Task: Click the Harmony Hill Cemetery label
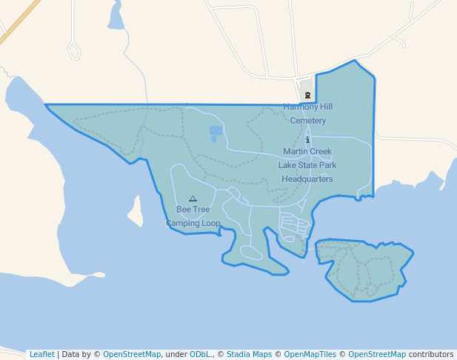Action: (x=307, y=113)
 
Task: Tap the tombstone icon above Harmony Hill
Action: (x=307, y=95)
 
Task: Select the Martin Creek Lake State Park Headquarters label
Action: (x=307, y=164)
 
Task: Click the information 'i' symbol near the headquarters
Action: (x=307, y=139)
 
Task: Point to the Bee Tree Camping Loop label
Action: (x=193, y=216)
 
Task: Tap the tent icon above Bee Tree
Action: (x=193, y=199)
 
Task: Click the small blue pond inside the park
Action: (x=216, y=133)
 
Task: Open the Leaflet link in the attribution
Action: (x=41, y=354)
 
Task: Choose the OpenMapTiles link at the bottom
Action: (x=306, y=354)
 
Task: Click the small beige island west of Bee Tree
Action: (x=136, y=212)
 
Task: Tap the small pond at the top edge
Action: (x=116, y=16)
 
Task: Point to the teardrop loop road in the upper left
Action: (x=73, y=50)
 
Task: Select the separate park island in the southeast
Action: (x=365, y=269)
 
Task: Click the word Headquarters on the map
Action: (x=307, y=179)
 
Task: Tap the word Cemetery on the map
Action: (x=308, y=121)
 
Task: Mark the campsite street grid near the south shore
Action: (x=292, y=225)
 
